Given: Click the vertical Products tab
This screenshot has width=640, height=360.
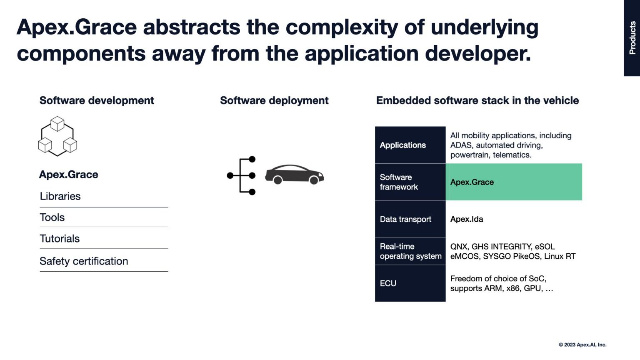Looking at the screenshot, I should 632,38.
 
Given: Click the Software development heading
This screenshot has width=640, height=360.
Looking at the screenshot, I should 97,100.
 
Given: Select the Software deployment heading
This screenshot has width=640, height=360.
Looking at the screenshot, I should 274,100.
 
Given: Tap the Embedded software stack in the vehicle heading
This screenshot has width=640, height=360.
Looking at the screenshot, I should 477,100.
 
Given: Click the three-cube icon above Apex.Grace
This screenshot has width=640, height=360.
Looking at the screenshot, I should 57,136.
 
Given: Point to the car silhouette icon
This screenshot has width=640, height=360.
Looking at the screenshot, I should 295,175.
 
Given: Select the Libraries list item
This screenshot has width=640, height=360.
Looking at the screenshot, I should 60,196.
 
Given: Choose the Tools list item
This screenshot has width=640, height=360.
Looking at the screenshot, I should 52,217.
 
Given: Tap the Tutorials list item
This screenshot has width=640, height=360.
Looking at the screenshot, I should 60,239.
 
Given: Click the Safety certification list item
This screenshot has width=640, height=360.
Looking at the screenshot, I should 84,261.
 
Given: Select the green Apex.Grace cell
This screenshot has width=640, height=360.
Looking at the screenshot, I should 514,182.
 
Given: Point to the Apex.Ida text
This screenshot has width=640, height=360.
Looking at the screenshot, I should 467,219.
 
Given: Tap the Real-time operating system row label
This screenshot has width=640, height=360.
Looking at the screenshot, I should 410,251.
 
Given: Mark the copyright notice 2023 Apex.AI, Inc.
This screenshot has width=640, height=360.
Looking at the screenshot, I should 582,345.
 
